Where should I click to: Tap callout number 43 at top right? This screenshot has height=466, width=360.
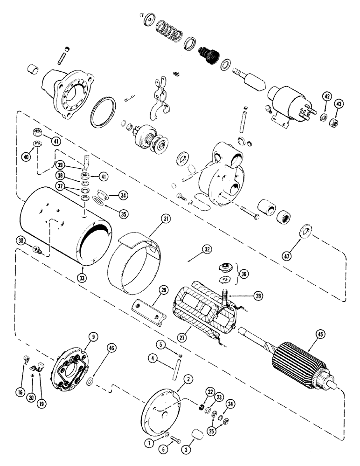pyautogui.click(x=338, y=103)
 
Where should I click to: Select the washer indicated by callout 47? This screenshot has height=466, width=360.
pyautogui.click(x=307, y=231)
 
